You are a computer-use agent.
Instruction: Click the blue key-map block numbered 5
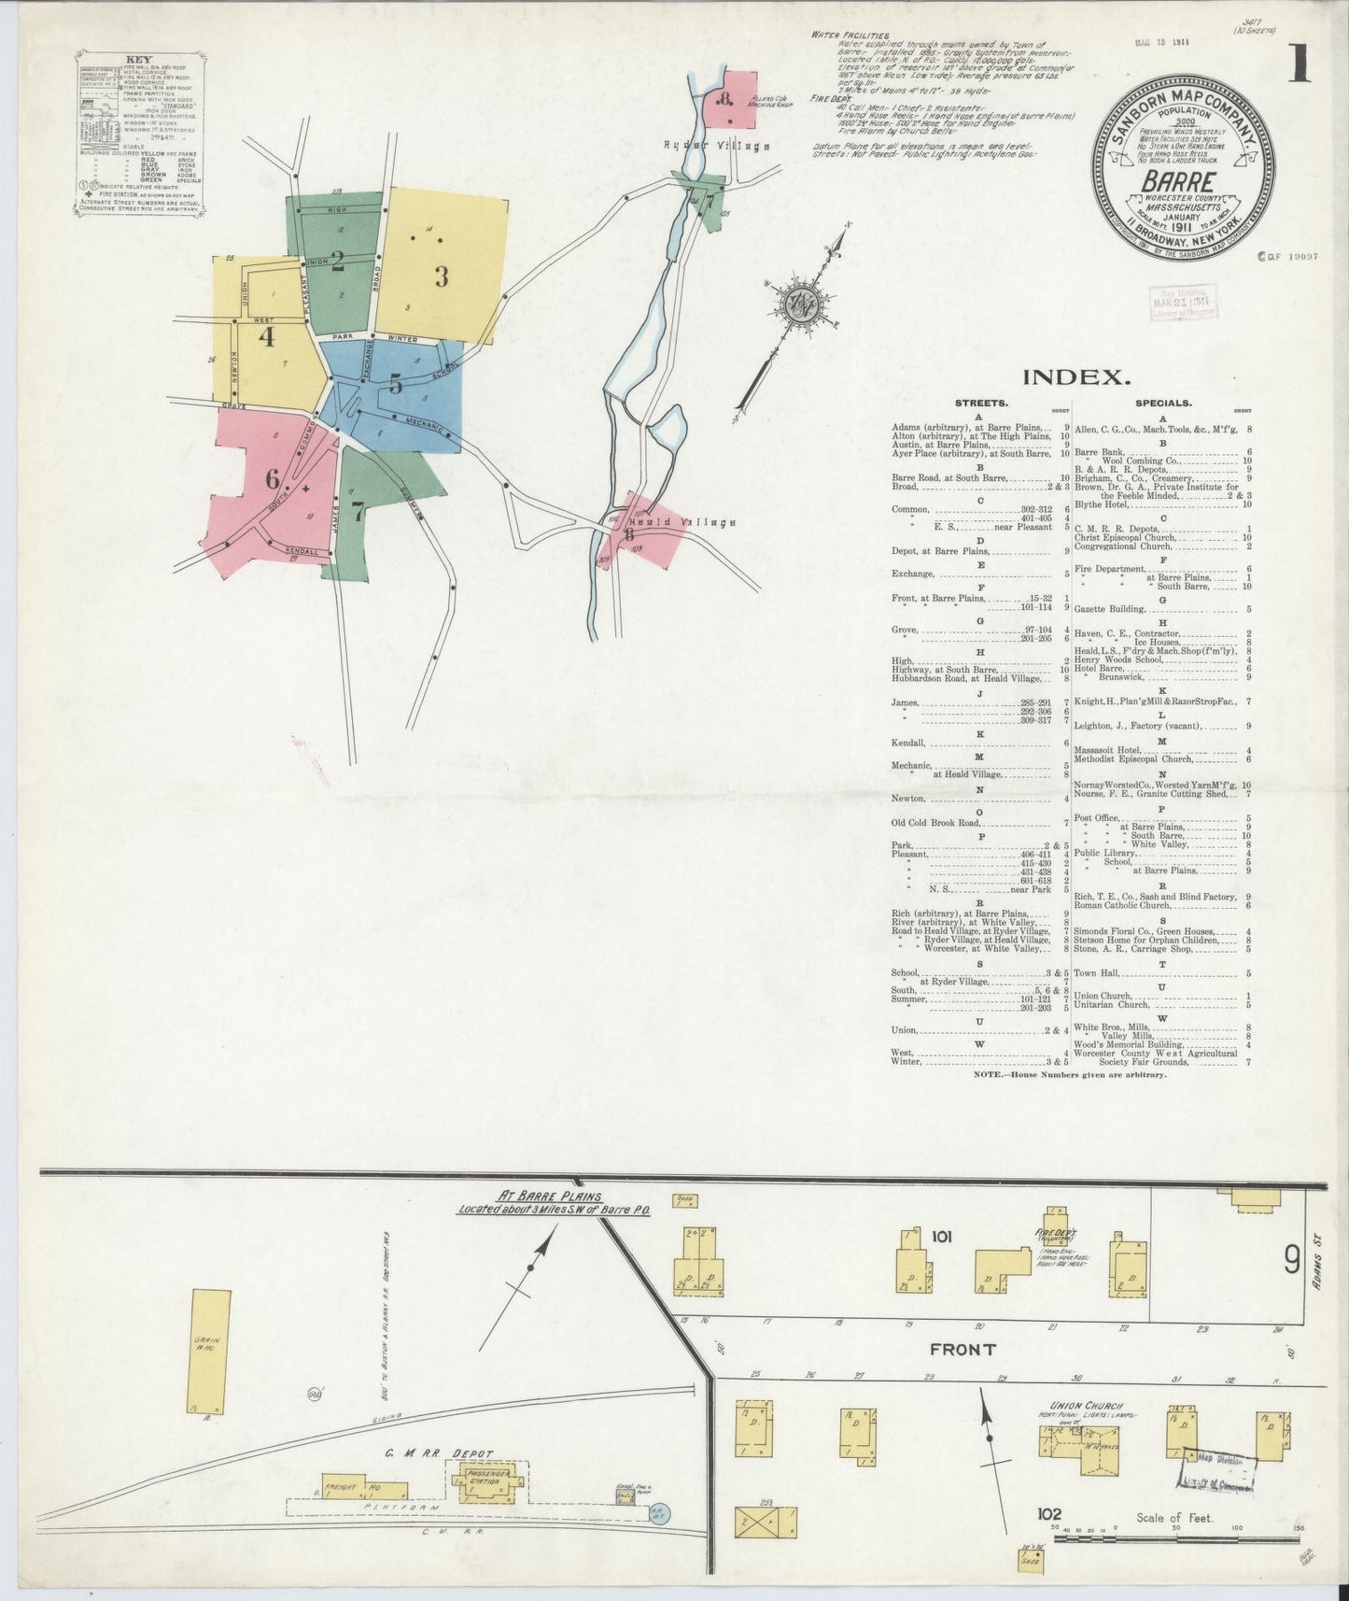click(396, 384)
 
